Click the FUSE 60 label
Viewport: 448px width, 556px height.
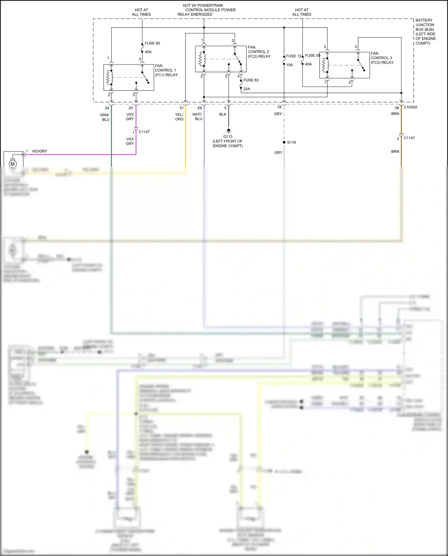pyautogui.click(x=152, y=43)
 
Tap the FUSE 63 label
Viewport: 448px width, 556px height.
pyautogui.click(x=251, y=80)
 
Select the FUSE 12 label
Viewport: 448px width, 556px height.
pyautogui.click(x=294, y=56)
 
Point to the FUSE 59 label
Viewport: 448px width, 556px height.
pyautogui.click(x=312, y=56)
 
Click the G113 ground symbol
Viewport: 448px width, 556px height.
pyautogui.click(x=228, y=131)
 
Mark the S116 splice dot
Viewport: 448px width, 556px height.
pyautogui.click(x=284, y=142)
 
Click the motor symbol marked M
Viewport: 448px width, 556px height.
pyautogui.click(x=13, y=164)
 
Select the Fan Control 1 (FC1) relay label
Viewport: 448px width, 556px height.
pyautogui.click(x=166, y=70)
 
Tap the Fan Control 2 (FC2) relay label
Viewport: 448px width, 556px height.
pyautogui.click(x=259, y=52)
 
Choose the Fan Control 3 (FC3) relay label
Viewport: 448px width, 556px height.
pyautogui.click(x=382, y=58)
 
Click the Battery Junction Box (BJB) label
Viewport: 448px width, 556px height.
pyautogui.click(x=425, y=32)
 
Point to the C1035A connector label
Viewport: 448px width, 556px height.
pyautogui.click(x=410, y=107)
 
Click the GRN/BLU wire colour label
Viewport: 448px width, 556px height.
pyautogui.click(x=105, y=117)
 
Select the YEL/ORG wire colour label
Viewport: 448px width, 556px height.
pyautogui.click(x=179, y=117)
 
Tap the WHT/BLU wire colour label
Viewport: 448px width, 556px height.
pyautogui.click(x=197, y=117)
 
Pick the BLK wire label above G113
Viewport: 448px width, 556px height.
pyautogui.click(x=223, y=114)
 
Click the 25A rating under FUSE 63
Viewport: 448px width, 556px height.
pyautogui.click(x=247, y=89)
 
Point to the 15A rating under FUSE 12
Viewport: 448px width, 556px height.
pyautogui.click(x=289, y=65)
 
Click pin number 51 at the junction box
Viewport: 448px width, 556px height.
pyautogui.click(x=182, y=108)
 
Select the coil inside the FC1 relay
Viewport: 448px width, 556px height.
pyautogui.click(x=110, y=77)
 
